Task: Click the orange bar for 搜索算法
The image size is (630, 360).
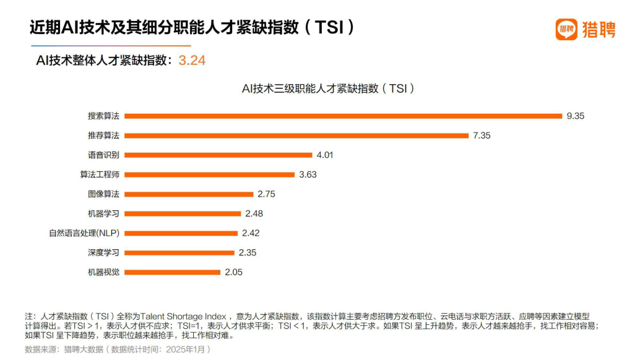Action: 343,116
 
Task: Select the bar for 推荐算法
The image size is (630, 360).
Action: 297,135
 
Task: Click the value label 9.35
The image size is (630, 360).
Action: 575,116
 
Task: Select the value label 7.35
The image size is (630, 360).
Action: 481,135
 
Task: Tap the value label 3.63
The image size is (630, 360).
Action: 308,174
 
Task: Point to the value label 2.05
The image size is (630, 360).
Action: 234,272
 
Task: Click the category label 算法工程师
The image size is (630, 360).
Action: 100,174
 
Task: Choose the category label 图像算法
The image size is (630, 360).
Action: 103,194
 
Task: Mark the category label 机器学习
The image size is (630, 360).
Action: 103,213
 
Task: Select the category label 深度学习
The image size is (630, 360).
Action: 103,252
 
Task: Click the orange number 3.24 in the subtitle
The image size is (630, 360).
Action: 192,61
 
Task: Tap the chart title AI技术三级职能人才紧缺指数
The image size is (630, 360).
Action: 327,88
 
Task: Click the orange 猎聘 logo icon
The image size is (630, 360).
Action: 566,29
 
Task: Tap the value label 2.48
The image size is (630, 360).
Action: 254,213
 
